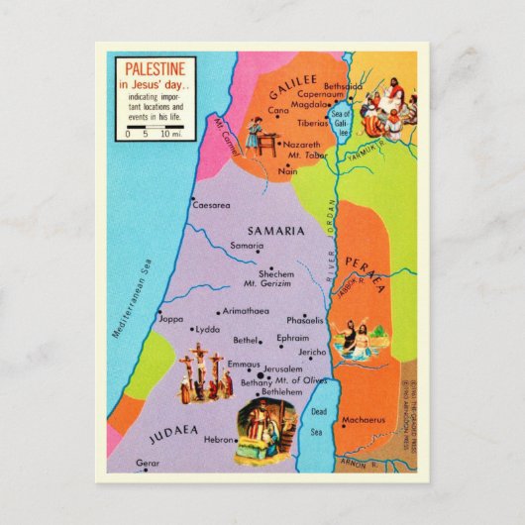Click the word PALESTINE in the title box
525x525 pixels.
tap(154, 70)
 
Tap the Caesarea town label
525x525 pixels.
tap(211, 205)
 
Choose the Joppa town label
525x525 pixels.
tap(171, 319)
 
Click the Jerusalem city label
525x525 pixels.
tap(283, 368)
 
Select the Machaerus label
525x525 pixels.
tap(363, 420)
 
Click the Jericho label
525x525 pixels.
tap(312, 352)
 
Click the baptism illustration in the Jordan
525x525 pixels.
tap(355, 340)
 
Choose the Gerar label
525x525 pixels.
tap(147, 463)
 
